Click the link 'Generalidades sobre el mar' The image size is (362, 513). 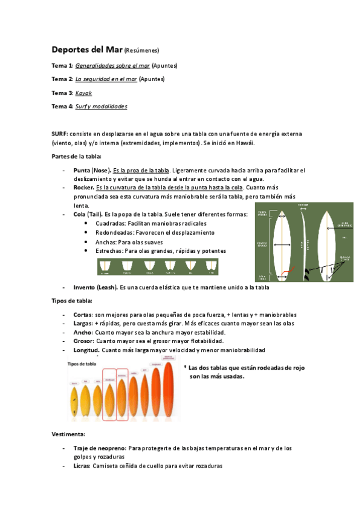coord(112,65)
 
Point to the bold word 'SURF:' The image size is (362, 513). coord(59,133)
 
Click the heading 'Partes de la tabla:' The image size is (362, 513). coord(72,156)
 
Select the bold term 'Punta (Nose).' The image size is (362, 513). coord(92,170)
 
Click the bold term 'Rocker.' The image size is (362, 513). coord(83,188)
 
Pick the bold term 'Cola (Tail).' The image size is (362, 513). coord(88,214)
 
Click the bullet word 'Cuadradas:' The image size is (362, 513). coord(111,223)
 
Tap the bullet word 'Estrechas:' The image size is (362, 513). coord(109,250)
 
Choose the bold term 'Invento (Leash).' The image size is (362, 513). coord(95,287)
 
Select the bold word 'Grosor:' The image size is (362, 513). coord(83,341)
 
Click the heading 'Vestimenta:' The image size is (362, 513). coord(68,434)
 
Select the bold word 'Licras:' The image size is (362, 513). coord(82,466)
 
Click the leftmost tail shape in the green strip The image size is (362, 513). coord(106,266)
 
